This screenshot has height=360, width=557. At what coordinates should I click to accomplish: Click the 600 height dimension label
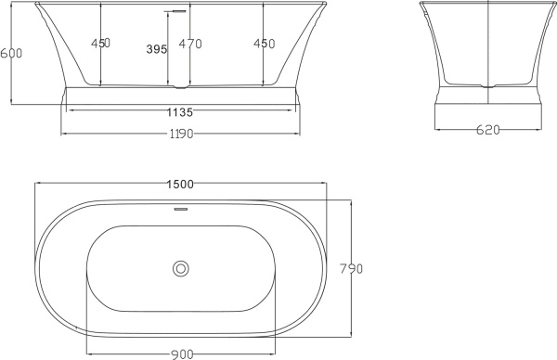(11, 53)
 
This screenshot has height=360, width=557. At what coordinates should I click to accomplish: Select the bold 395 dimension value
(158, 49)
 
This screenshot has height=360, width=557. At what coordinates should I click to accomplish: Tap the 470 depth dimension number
(189, 43)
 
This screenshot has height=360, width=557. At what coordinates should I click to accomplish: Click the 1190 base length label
(180, 134)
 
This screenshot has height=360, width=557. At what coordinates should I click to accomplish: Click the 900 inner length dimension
(182, 353)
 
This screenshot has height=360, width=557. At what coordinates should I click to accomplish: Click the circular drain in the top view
(181, 269)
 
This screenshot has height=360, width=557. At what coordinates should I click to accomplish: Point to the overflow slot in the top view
(181, 209)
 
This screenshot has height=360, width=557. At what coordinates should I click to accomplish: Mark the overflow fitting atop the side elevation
(172, 11)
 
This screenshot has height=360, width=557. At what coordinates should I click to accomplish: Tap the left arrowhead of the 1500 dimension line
(37, 184)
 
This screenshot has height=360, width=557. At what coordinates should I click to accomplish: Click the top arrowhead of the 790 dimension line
(350, 200)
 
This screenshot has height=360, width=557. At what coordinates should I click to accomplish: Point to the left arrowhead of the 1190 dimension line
(62, 134)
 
